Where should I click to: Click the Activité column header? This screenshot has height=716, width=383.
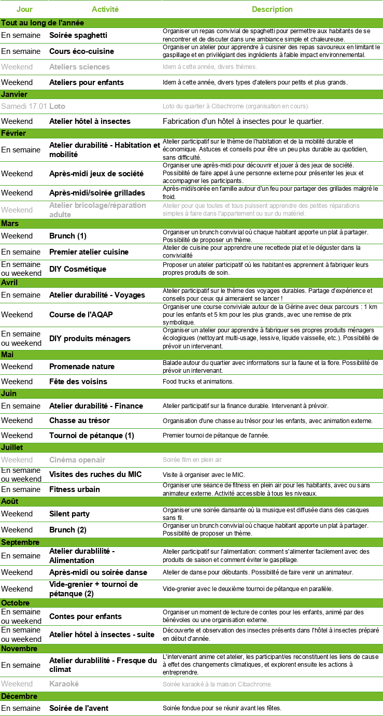coord(105,9)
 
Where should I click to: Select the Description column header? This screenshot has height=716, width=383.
coord(272,9)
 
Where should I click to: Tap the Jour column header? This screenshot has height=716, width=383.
coord(24,9)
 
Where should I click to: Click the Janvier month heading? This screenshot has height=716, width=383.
coord(15,94)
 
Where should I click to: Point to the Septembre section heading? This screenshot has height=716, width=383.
coord(20,542)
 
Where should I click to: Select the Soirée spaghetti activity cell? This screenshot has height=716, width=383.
coord(78,35)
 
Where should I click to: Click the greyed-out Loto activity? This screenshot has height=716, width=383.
coord(57,106)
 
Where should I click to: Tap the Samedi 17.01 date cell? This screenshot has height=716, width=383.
coord(24,106)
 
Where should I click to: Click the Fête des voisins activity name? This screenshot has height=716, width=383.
coord(78,382)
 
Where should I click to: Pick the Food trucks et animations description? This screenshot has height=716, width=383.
coord(198,382)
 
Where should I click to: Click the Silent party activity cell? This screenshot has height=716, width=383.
coord(69,514)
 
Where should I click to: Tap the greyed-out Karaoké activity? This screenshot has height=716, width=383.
coord(64,684)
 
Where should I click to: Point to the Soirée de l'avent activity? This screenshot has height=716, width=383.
coord(79,708)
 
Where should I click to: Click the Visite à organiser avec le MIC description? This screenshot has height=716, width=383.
coord(204,474)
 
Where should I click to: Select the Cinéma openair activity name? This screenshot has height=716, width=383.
coord(77,460)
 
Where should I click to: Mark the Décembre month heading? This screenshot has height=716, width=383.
coord(19,696)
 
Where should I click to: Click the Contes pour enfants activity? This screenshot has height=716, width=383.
coord(86,616)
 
